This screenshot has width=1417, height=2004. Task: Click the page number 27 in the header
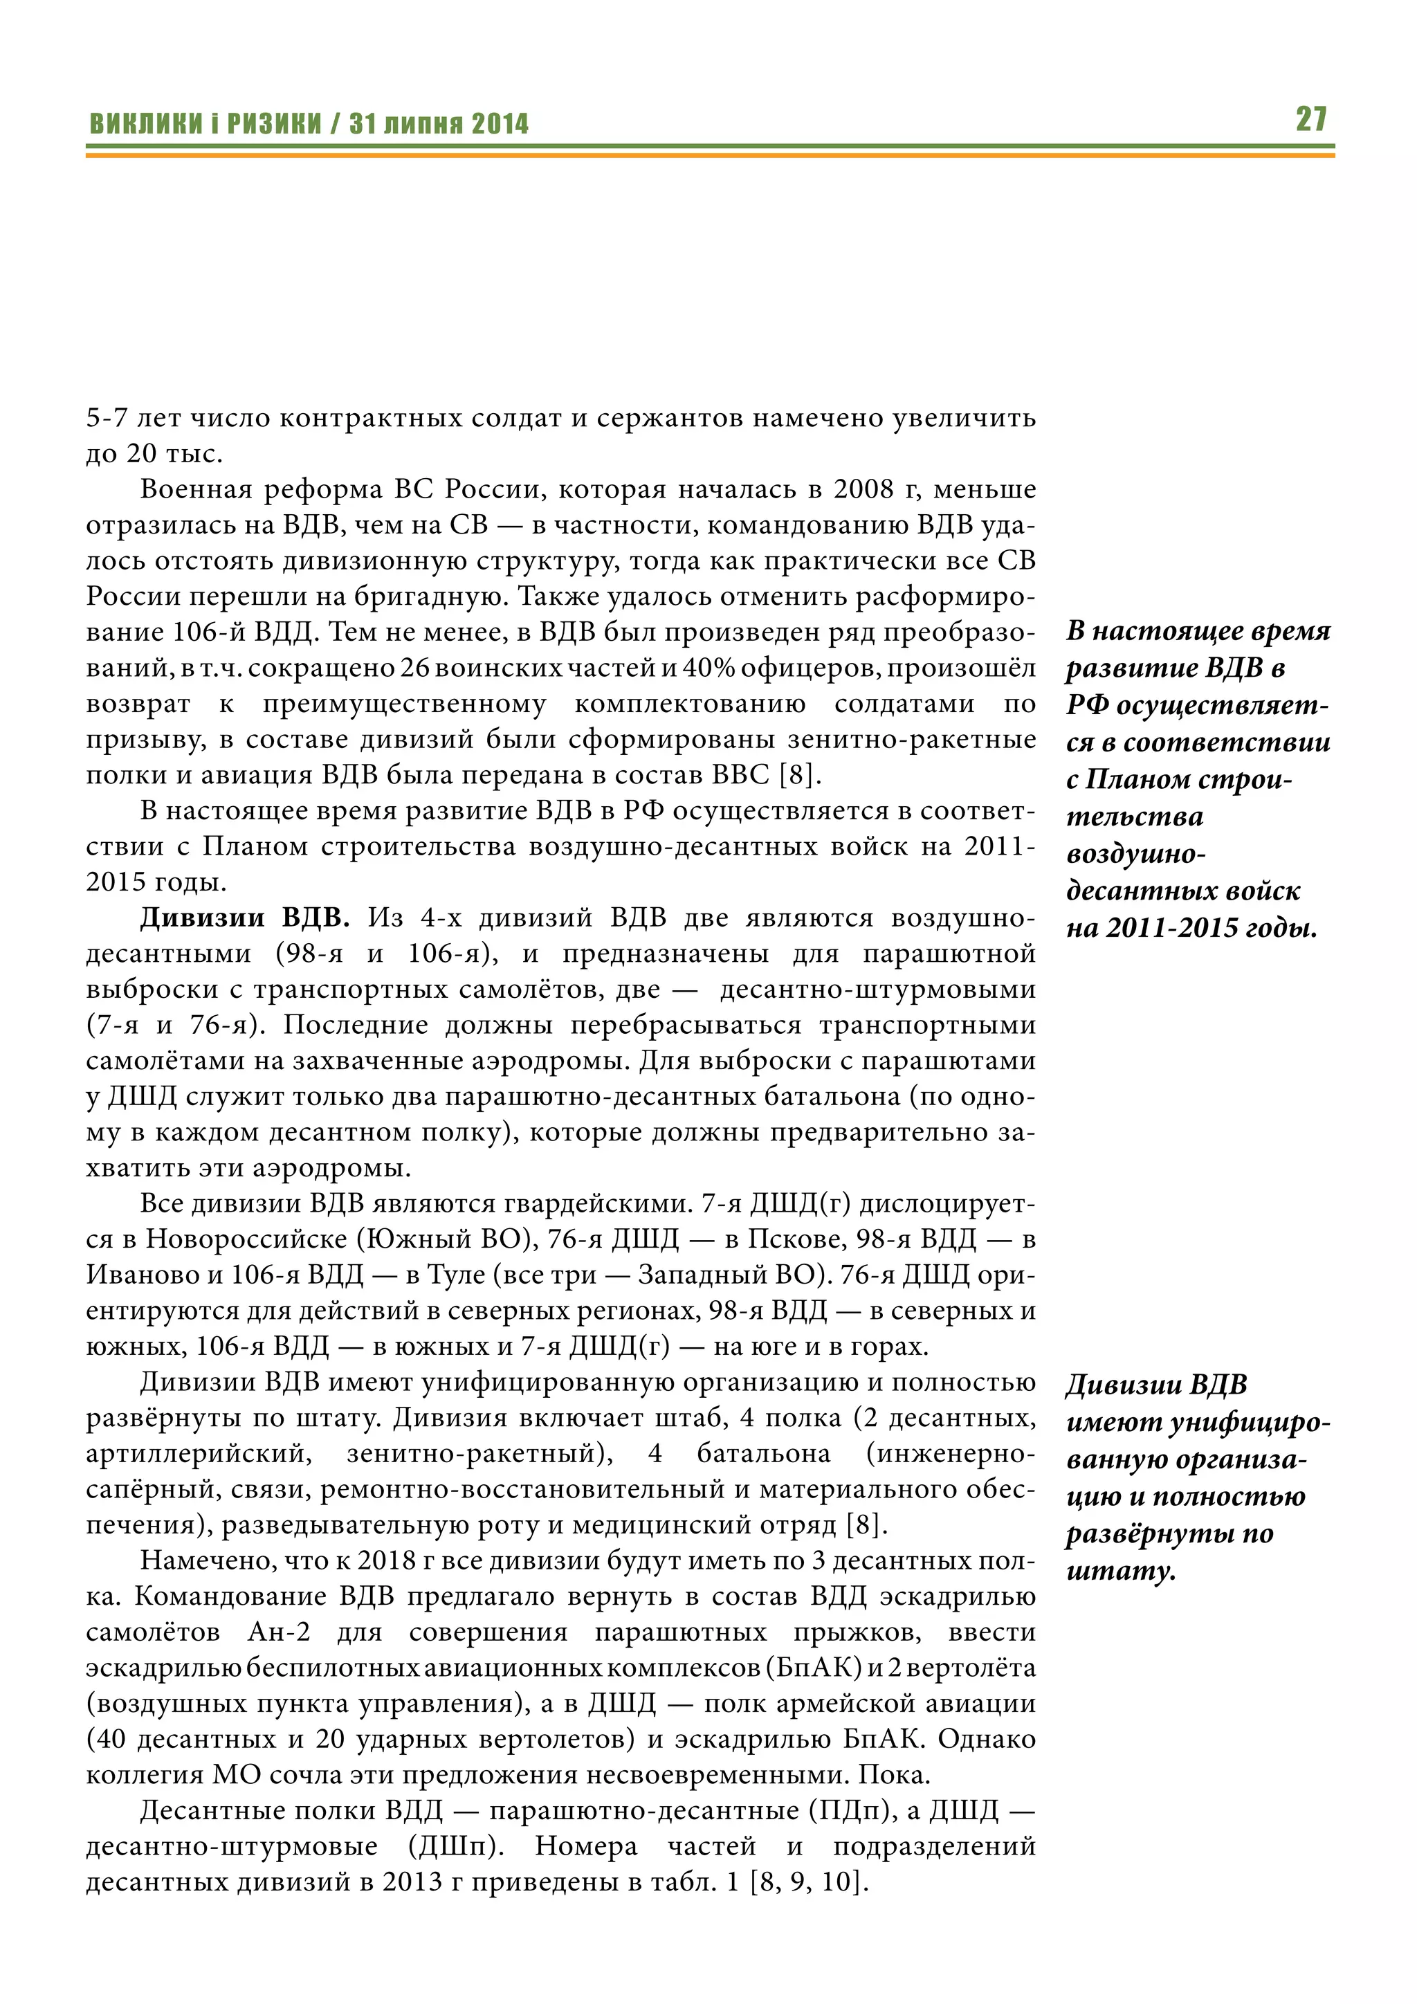tap(1310, 119)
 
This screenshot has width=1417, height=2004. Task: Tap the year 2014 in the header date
tap(500, 124)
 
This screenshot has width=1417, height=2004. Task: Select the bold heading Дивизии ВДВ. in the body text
tap(244, 918)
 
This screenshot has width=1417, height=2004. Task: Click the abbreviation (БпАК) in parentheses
tap(813, 1668)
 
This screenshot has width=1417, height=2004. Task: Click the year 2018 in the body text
tap(387, 1560)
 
